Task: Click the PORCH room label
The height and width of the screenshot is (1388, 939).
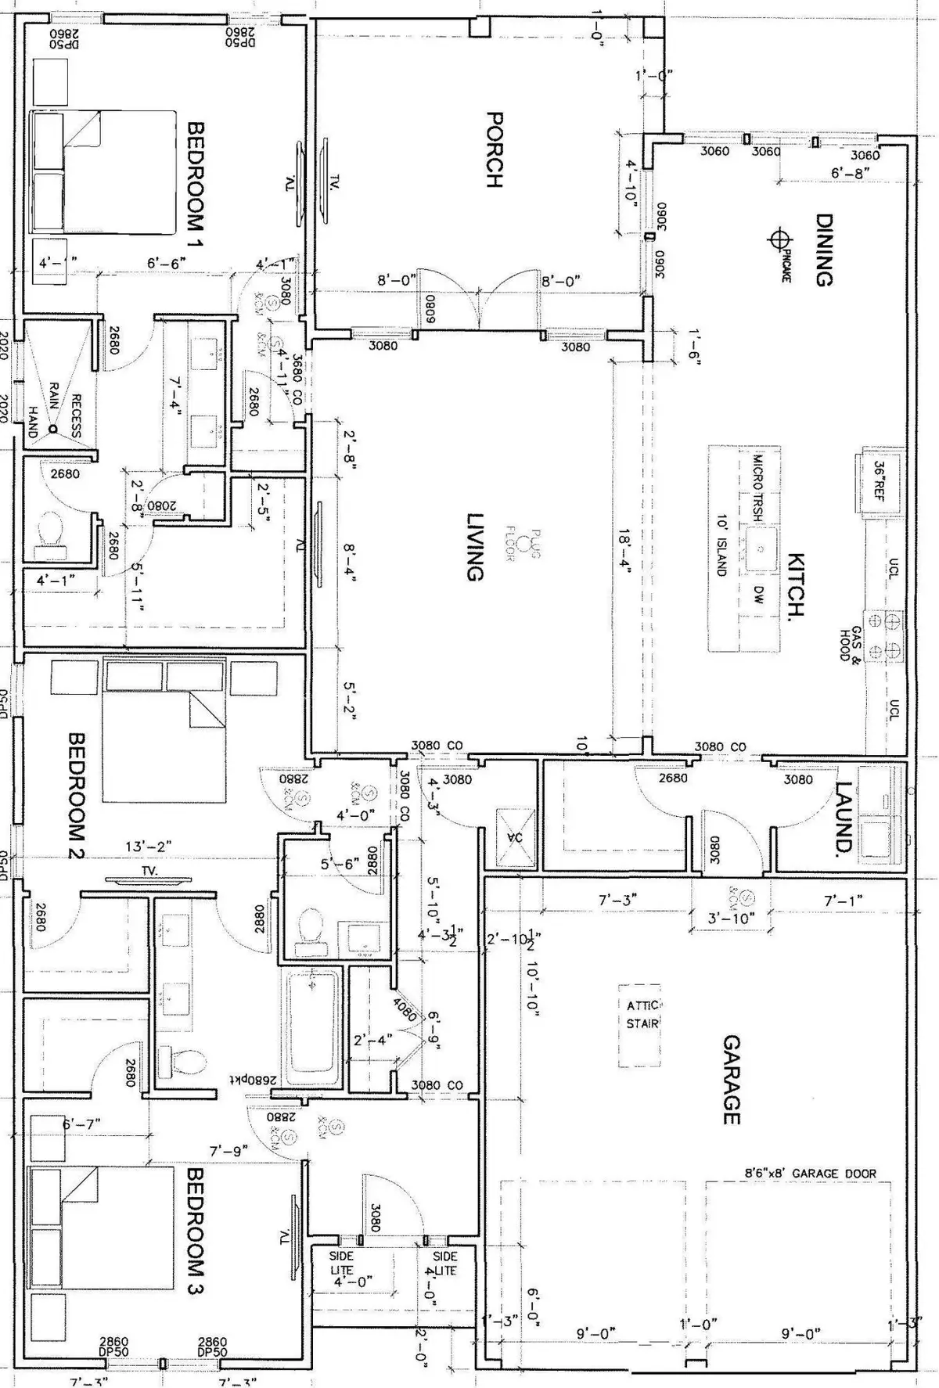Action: click(x=494, y=149)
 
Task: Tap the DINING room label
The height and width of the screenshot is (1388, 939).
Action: click(x=823, y=250)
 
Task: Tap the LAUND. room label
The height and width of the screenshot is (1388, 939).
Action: click(x=842, y=818)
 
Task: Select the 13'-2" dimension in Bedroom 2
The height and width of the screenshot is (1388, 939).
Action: click(x=149, y=847)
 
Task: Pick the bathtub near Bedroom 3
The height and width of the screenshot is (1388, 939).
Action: click(x=312, y=1027)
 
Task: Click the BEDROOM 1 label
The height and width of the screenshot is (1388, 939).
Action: click(x=196, y=185)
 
